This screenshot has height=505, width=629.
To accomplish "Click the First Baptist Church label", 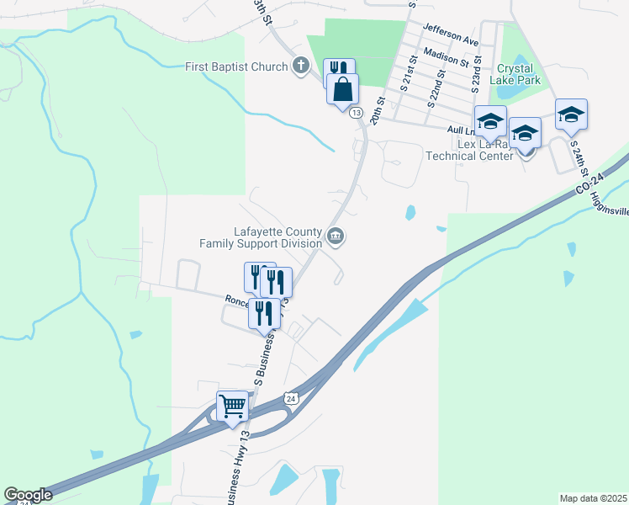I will [x=236, y=66].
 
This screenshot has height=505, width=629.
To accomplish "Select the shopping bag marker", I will [x=342, y=88].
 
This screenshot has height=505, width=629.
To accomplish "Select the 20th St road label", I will [x=380, y=110].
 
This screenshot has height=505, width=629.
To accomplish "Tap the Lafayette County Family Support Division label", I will [x=261, y=237].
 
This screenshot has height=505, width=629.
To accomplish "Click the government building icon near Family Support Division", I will [x=336, y=237].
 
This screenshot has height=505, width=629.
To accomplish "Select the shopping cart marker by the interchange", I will [x=233, y=407].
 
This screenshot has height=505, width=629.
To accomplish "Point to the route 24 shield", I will [x=290, y=397].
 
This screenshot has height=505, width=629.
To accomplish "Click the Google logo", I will [x=28, y=495].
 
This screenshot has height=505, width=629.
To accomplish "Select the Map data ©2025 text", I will [x=593, y=498].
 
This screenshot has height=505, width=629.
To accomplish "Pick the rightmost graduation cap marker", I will [x=571, y=114].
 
